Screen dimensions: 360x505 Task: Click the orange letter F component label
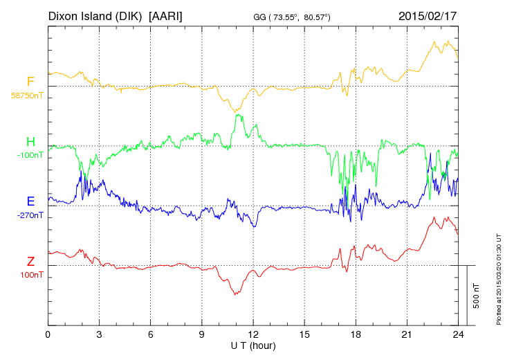tap(30, 82)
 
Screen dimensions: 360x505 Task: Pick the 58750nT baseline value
tap(26, 95)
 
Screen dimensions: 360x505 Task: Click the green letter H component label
tap(30, 142)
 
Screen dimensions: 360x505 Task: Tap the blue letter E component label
tap(30, 201)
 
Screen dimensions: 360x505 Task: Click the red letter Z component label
tap(30, 262)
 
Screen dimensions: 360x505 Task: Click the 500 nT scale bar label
tap(477, 295)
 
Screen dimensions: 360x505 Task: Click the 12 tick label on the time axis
tap(253, 334)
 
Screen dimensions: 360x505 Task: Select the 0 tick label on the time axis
tap(48, 334)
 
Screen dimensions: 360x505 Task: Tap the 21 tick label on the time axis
tap(407, 334)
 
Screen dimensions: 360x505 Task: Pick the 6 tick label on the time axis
tap(151, 334)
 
